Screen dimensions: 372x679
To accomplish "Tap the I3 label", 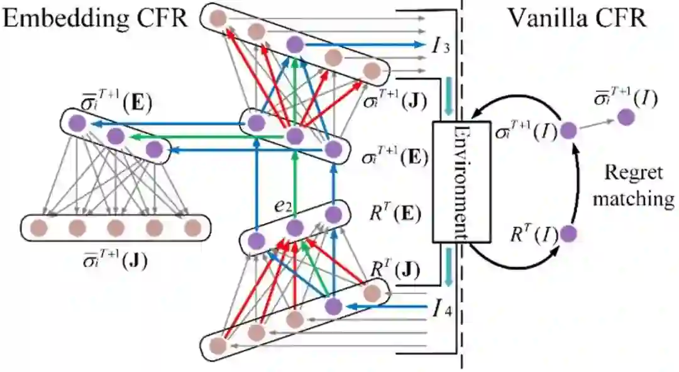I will point(441,45).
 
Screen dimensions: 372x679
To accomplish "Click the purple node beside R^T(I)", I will point(568,234).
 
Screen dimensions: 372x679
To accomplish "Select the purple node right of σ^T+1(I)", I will point(568,131).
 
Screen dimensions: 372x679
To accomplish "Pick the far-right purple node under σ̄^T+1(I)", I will point(626,116).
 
